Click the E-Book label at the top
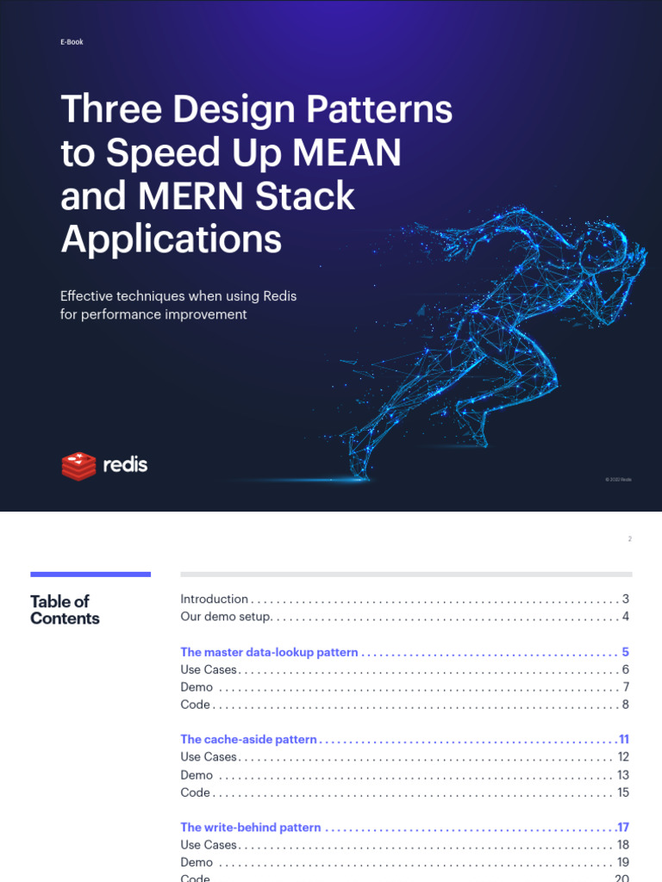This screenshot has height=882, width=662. pyautogui.click(x=72, y=41)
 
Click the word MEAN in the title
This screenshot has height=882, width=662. pyautogui.click(x=347, y=153)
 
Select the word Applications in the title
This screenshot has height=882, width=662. pyautogui.click(x=171, y=239)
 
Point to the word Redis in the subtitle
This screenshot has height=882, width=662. pyautogui.click(x=280, y=296)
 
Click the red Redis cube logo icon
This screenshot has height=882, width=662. pyautogui.click(x=78, y=465)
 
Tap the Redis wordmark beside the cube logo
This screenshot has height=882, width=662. pyautogui.click(x=125, y=465)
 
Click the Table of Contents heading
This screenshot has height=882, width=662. pyautogui.click(x=65, y=610)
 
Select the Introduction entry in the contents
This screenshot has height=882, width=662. pyautogui.click(x=214, y=599)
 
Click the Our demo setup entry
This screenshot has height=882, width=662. pyautogui.click(x=227, y=617)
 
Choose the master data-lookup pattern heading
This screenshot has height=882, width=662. pyautogui.click(x=269, y=652)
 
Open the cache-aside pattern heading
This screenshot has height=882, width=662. pyautogui.click(x=248, y=740)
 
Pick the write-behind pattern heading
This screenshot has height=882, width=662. pyautogui.click(x=250, y=828)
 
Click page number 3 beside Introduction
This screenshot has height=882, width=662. pyautogui.click(x=626, y=599)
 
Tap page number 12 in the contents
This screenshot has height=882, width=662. pyautogui.click(x=623, y=757)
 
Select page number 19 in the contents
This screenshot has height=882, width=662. pyautogui.click(x=623, y=862)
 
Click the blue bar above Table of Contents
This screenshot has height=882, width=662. pyautogui.click(x=91, y=575)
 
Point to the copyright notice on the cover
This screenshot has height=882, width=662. pyautogui.click(x=618, y=479)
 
